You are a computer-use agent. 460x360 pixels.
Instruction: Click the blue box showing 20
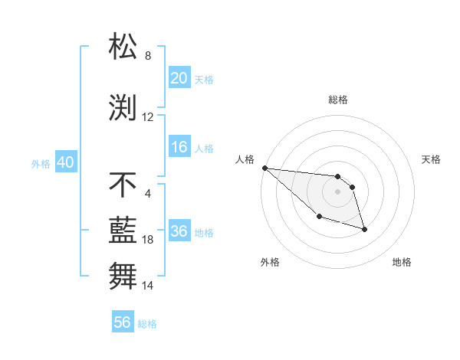click(179, 78)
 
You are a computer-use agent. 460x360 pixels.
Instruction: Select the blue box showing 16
click(179, 147)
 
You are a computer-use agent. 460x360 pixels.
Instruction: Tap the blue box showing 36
click(179, 231)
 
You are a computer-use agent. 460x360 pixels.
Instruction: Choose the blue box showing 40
click(65, 162)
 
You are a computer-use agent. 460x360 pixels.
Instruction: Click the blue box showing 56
click(123, 322)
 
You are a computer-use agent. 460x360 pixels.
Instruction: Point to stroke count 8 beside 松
click(148, 56)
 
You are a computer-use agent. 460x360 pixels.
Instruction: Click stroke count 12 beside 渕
click(148, 117)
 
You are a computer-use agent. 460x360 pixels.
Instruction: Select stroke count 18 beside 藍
click(148, 240)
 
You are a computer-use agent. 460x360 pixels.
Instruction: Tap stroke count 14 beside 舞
click(148, 286)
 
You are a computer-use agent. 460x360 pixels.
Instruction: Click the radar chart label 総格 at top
click(338, 100)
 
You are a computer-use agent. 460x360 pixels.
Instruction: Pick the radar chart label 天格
click(432, 159)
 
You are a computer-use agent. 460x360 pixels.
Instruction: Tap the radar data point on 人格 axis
click(264, 168)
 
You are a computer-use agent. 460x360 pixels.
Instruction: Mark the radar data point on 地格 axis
click(364, 228)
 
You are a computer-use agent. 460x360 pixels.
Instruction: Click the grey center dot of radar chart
click(338, 191)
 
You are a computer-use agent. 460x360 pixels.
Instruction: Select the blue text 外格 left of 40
click(41, 163)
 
